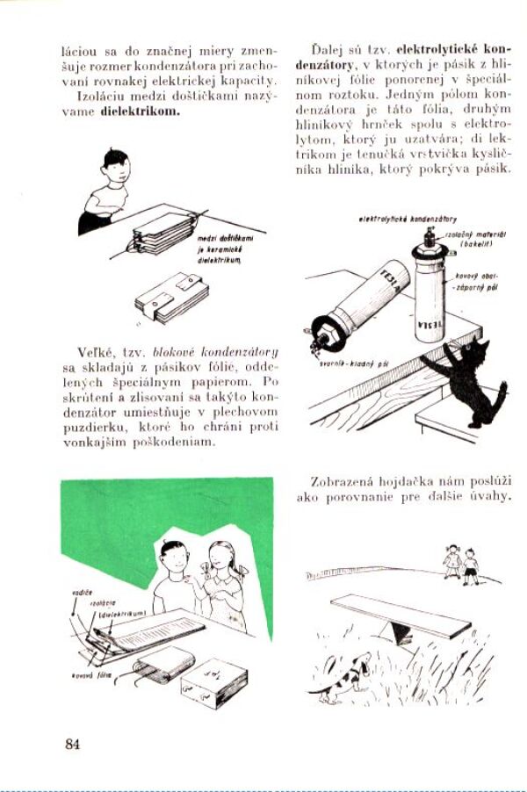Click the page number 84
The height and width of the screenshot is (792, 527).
tap(72, 744)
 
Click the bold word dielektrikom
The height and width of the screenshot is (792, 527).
tap(141, 112)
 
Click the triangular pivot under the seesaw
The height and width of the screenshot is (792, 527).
tap(401, 632)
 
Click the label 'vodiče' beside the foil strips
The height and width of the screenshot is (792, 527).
tap(82, 593)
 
